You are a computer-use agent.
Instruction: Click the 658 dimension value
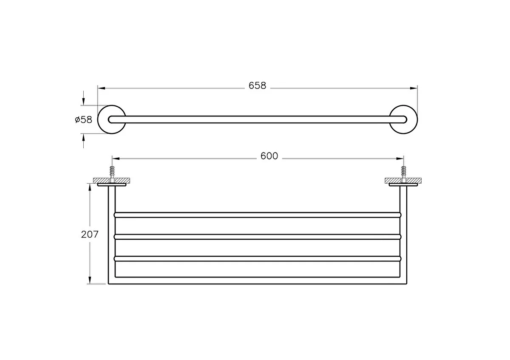(x=257, y=85)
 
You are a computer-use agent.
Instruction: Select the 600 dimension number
(x=269, y=156)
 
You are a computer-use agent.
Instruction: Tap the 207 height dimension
(x=90, y=234)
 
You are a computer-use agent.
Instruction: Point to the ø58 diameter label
(x=84, y=119)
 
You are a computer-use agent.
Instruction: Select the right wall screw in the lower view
(x=403, y=174)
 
